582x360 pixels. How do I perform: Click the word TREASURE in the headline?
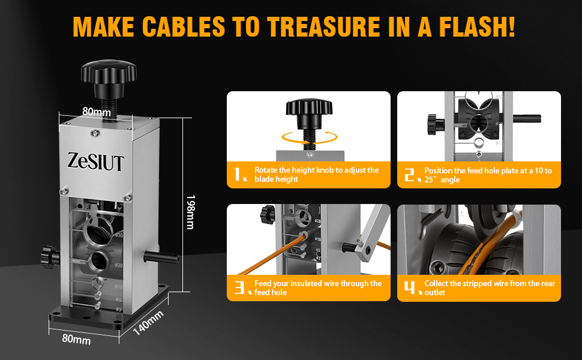323,27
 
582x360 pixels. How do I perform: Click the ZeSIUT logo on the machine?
95,162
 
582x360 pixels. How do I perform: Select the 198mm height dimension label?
190,212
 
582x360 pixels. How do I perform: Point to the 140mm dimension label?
148,323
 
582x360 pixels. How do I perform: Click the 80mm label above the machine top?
97,112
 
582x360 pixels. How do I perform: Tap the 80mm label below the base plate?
76,339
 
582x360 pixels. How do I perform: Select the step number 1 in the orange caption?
240,175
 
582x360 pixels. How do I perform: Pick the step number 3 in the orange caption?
240,287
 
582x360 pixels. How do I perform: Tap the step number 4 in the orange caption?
412,287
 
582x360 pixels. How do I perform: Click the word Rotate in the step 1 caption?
266,170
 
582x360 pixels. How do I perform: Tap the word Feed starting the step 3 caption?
263,284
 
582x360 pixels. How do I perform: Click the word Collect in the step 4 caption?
436,284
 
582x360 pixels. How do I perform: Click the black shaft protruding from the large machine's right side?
161,257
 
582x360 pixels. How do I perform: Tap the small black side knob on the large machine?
50,256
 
